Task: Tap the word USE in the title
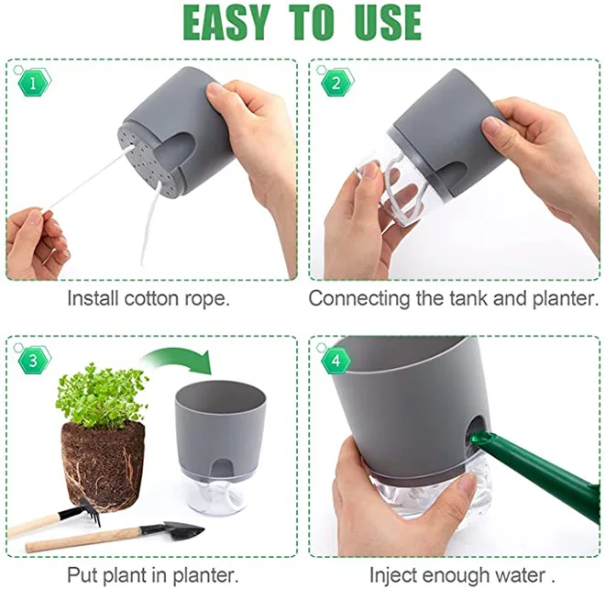coord(387,22)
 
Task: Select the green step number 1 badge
coord(34,83)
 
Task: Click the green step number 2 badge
coord(336,83)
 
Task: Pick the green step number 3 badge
coord(33,361)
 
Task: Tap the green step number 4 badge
coord(335,361)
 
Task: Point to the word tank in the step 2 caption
coord(469,298)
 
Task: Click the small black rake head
coord(84,511)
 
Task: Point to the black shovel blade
coord(182,531)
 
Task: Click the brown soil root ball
coord(103,466)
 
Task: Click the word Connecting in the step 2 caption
coord(358,299)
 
